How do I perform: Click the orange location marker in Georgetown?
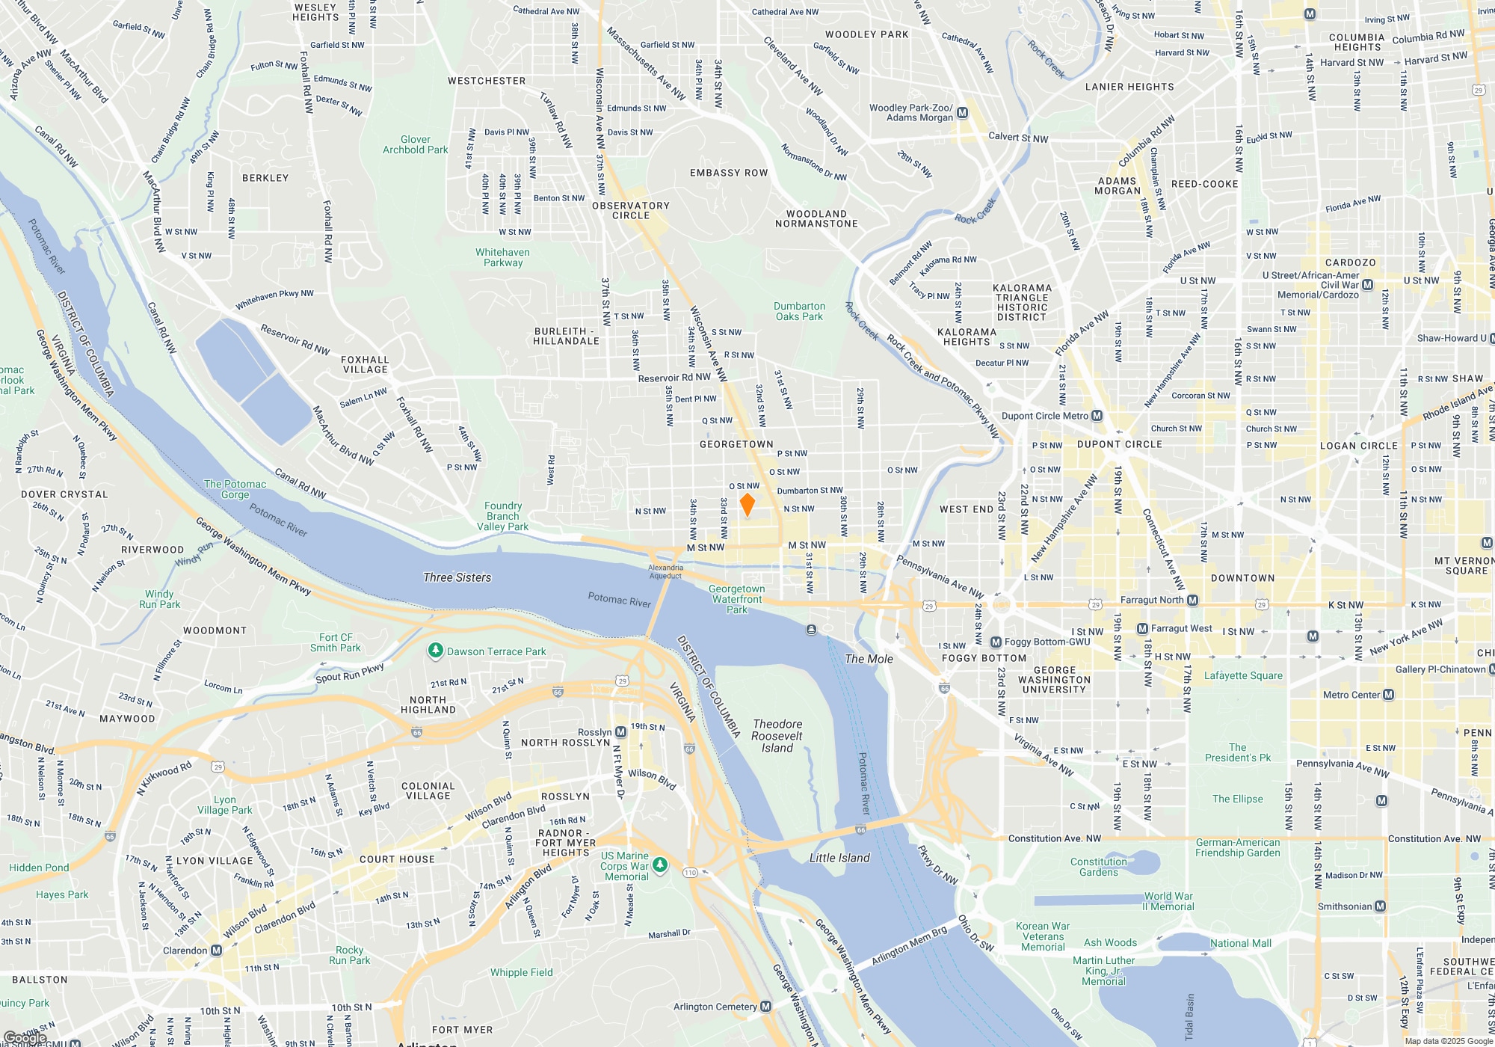(747, 504)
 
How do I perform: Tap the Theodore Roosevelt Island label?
(777, 736)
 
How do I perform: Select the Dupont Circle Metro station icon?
(1097, 416)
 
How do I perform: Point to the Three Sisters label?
(457, 577)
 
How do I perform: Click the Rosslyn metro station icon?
(621, 732)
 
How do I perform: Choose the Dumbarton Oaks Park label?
(799, 311)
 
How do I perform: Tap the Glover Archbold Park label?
(416, 144)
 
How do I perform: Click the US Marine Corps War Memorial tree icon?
(659, 865)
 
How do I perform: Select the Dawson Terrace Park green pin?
(436, 651)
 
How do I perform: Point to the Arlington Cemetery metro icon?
(765, 1007)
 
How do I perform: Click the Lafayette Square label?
(1243, 675)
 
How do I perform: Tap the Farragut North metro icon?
(1192, 600)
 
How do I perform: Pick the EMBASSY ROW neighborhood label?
(729, 173)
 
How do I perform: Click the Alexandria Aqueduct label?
(665, 571)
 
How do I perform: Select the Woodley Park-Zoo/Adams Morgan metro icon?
(962, 113)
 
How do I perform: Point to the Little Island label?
(839, 858)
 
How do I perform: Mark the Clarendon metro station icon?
(216, 951)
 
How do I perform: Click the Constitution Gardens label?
(1098, 867)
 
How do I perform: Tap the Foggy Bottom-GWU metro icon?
(996, 642)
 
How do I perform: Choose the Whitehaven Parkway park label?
(503, 257)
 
